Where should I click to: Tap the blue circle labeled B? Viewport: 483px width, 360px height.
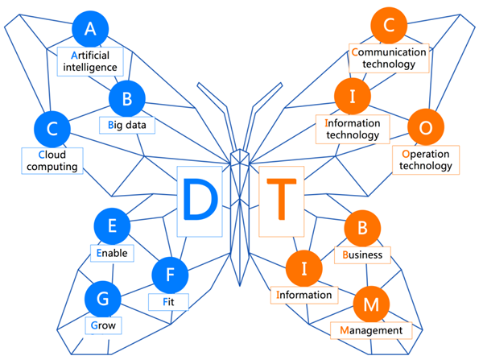coord(126,100)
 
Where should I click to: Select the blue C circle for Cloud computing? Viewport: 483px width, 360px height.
coord(52,128)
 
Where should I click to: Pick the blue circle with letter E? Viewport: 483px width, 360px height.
coord(112,226)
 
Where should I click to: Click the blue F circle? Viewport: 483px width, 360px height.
coord(170,275)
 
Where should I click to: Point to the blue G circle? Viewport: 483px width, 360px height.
coord(102,299)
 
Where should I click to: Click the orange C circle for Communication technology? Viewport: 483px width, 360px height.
coord(389,27)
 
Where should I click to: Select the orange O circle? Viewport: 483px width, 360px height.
coord(426,127)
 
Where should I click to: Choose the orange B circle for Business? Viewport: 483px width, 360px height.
coord(362,230)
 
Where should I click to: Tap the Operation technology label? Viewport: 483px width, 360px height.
coord(427,159)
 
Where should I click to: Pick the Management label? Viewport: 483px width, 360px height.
coord(371,330)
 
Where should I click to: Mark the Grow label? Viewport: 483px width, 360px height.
coord(102,325)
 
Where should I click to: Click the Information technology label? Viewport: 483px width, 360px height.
coord(353,129)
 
